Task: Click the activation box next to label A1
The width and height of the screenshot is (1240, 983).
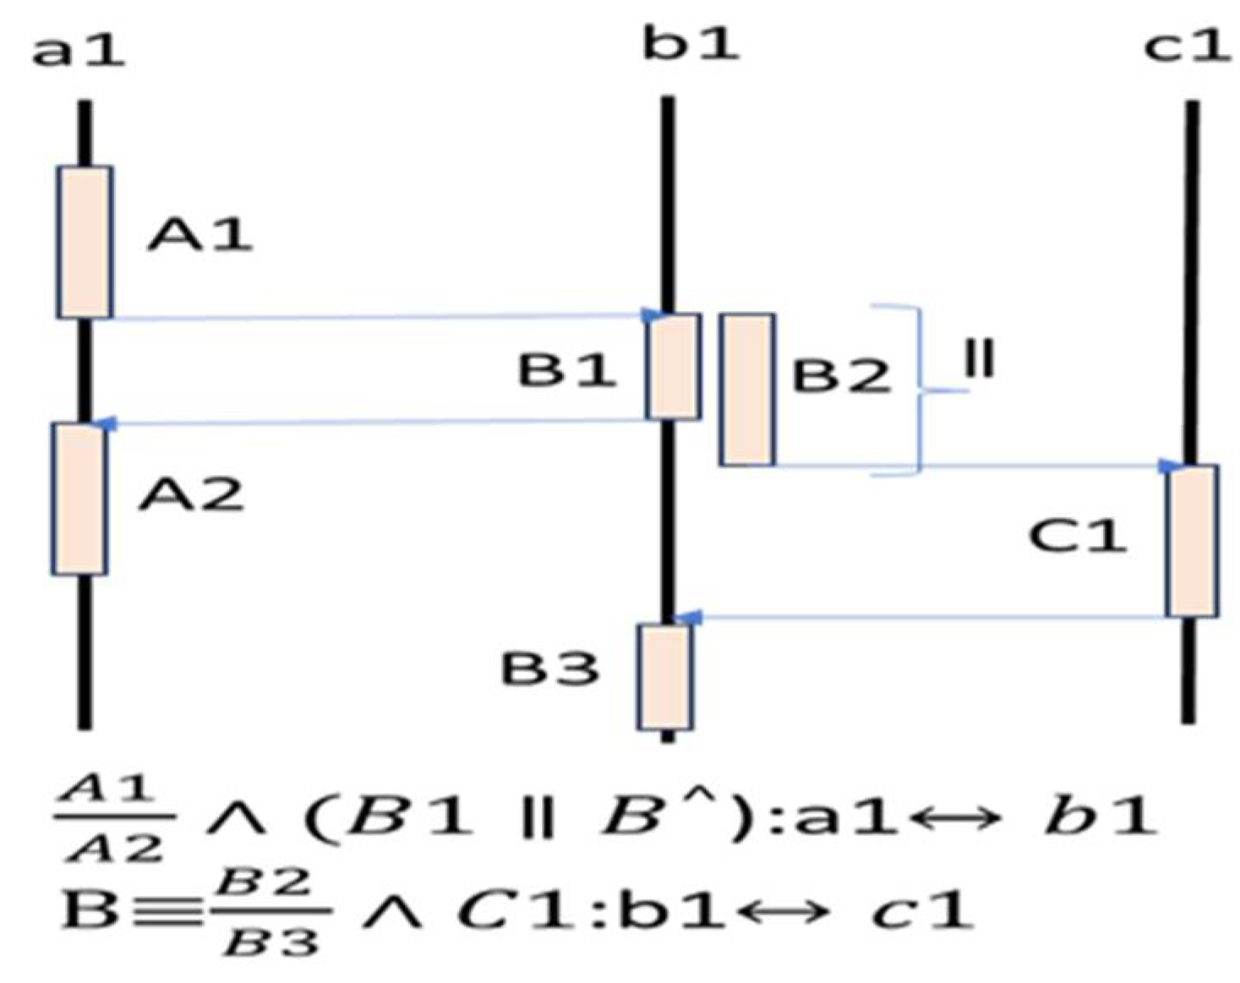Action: pos(85,243)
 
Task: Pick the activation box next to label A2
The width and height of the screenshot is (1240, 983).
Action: pos(79,499)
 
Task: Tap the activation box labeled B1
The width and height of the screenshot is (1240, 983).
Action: pos(674,367)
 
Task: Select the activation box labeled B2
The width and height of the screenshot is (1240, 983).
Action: pos(747,390)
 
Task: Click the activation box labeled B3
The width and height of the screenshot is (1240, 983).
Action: pos(664,676)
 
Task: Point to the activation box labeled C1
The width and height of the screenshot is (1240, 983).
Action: pos(1192,541)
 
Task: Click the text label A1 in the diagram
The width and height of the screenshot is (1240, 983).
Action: pos(199,234)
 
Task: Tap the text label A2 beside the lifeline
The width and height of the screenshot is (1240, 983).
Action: pos(192,494)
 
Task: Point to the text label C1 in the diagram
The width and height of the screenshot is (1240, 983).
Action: pos(1078,535)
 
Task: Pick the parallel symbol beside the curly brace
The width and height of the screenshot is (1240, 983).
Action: pos(980,359)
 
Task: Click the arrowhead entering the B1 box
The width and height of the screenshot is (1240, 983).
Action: pos(652,316)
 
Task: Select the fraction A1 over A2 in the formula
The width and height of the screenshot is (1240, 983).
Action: pos(113,818)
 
